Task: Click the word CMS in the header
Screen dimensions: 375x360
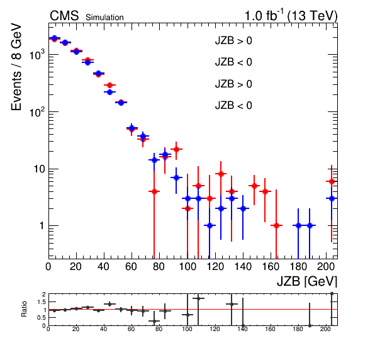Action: click(x=64, y=16)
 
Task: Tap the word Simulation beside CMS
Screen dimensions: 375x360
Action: click(x=104, y=18)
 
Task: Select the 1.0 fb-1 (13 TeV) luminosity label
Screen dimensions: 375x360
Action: click(x=291, y=15)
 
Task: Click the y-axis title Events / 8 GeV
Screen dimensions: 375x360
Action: click(x=16, y=67)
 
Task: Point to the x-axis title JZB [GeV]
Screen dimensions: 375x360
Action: click(x=307, y=281)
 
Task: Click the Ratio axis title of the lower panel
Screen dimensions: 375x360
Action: click(x=24, y=309)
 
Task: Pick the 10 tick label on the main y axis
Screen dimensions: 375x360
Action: click(x=40, y=169)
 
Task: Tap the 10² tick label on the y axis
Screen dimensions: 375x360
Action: click(x=37, y=111)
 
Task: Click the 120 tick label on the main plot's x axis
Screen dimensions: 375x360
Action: click(x=215, y=266)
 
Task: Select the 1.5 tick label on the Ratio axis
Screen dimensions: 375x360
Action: click(x=42, y=302)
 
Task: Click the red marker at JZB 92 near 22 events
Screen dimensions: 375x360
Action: click(x=177, y=149)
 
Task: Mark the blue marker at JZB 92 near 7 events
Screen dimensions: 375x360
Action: click(x=177, y=177)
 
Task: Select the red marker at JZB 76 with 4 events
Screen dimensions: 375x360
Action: click(x=154, y=191)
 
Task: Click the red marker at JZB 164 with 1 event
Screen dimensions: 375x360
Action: click(x=276, y=225)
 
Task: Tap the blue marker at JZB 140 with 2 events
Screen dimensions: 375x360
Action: click(x=243, y=208)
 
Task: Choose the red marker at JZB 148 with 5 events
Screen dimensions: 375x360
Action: click(x=254, y=186)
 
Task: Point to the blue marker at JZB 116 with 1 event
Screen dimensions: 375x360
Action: click(x=210, y=225)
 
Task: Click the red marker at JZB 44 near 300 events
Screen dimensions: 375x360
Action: click(x=109, y=85)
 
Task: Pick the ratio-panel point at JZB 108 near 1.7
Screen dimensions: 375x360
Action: click(x=198, y=298)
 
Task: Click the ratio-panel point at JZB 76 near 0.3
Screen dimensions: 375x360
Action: click(x=154, y=321)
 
